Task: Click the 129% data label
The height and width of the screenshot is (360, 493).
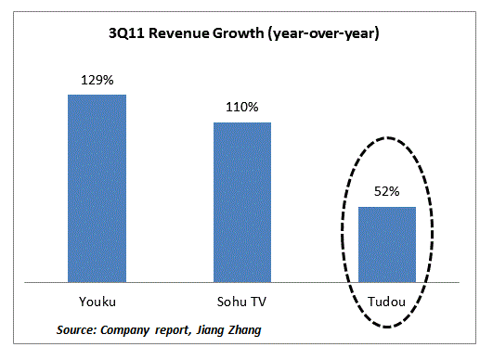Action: point(97,81)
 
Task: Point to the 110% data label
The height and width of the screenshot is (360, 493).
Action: point(242,108)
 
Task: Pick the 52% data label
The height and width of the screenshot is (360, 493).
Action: point(387,192)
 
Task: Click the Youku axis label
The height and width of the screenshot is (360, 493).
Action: point(97,302)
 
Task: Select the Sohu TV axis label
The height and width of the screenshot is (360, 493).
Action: point(242,302)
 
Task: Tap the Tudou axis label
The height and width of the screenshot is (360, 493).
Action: point(387,302)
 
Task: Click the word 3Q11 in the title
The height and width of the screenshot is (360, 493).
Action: point(125,34)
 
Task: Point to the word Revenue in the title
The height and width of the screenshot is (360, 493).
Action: point(175,34)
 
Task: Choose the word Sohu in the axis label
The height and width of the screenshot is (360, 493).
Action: point(234,302)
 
